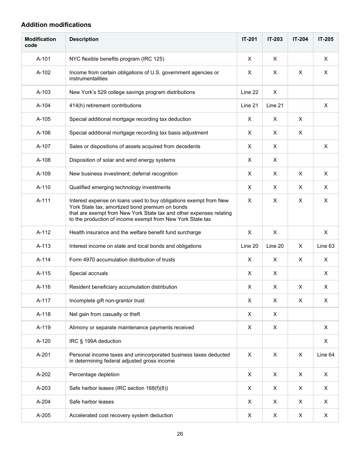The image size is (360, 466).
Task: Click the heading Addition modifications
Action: tap(56, 25)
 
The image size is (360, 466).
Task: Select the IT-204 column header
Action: tap(300, 39)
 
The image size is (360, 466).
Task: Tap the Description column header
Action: tap(84, 39)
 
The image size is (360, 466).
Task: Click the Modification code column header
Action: tap(40, 42)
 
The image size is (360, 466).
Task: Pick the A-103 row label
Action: tap(43, 92)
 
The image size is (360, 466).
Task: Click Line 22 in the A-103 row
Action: tap(249, 92)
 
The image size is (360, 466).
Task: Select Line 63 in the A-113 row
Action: tap(326, 246)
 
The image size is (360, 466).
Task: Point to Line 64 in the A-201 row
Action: tap(326, 355)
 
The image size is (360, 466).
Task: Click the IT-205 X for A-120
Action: tap(326, 341)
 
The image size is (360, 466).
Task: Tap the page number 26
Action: tap(180, 434)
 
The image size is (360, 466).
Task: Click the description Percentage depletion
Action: tap(94, 374)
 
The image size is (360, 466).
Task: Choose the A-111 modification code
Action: tap(43, 200)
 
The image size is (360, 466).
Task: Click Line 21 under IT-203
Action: tap(275, 105)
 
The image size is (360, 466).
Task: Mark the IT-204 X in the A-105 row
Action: tap(300, 119)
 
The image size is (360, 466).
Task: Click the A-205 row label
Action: tap(43, 415)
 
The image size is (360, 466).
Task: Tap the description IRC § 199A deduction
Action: tap(95, 341)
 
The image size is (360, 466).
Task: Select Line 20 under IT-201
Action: tap(249, 246)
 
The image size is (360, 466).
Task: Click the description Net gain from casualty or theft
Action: tap(105, 314)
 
